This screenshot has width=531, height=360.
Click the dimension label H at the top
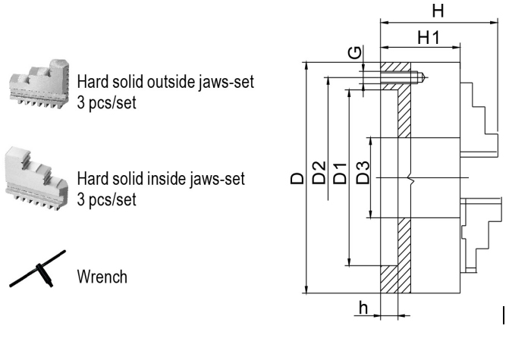click(438, 11)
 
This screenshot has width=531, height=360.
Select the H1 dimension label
click(429, 37)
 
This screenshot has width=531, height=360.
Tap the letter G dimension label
click(355, 52)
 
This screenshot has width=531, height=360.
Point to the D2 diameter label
click(319, 173)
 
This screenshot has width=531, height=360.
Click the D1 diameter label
click(341, 174)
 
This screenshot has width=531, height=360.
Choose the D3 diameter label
click(363, 173)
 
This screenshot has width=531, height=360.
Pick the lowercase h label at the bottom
click(363, 308)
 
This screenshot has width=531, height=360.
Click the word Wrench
click(102, 277)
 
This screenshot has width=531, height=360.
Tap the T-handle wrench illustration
click(38, 269)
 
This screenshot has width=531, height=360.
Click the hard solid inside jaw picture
click(36, 177)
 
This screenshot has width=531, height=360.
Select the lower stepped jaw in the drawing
click(481, 235)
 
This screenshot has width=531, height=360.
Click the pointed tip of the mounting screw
click(425, 77)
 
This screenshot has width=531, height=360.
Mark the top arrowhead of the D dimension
click(306, 66)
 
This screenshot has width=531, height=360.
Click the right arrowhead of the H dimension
click(495, 23)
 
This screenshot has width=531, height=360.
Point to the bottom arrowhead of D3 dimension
click(371, 214)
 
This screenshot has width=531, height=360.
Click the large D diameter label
click(297, 178)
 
